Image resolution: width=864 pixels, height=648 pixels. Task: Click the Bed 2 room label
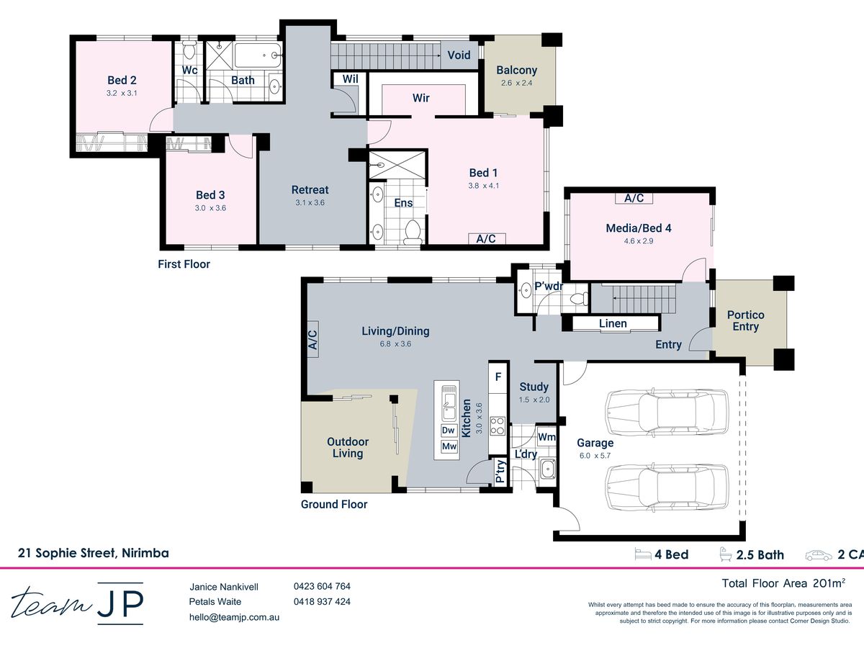[122, 80]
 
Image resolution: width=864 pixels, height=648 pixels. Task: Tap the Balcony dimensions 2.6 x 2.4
[516, 83]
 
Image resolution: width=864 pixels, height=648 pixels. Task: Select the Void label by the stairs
[459, 55]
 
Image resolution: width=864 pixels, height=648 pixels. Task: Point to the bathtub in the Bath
[258, 55]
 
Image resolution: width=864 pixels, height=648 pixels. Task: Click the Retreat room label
[310, 189]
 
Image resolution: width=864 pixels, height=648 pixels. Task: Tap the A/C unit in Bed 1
[487, 238]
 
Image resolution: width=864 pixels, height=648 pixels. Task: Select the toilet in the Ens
[413, 231]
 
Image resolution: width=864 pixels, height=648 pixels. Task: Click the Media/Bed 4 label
[639, 228]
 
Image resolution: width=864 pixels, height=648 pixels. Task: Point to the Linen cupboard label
[613, 323]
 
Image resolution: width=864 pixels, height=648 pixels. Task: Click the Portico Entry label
[745, 320]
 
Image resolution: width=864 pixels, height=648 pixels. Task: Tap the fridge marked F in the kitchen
[498, 377]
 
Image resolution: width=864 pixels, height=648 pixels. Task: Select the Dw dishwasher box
[449, 431]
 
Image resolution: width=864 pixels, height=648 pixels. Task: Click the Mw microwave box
[449, 446]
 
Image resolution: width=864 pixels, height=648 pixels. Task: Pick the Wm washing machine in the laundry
[546, 437]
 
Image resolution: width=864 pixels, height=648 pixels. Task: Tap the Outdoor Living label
[348, 447]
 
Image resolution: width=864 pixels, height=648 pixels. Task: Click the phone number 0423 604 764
[322, 586]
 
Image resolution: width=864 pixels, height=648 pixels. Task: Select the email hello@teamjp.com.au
[234, 617]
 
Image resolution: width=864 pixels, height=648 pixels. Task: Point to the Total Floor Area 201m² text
[783, 583]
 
